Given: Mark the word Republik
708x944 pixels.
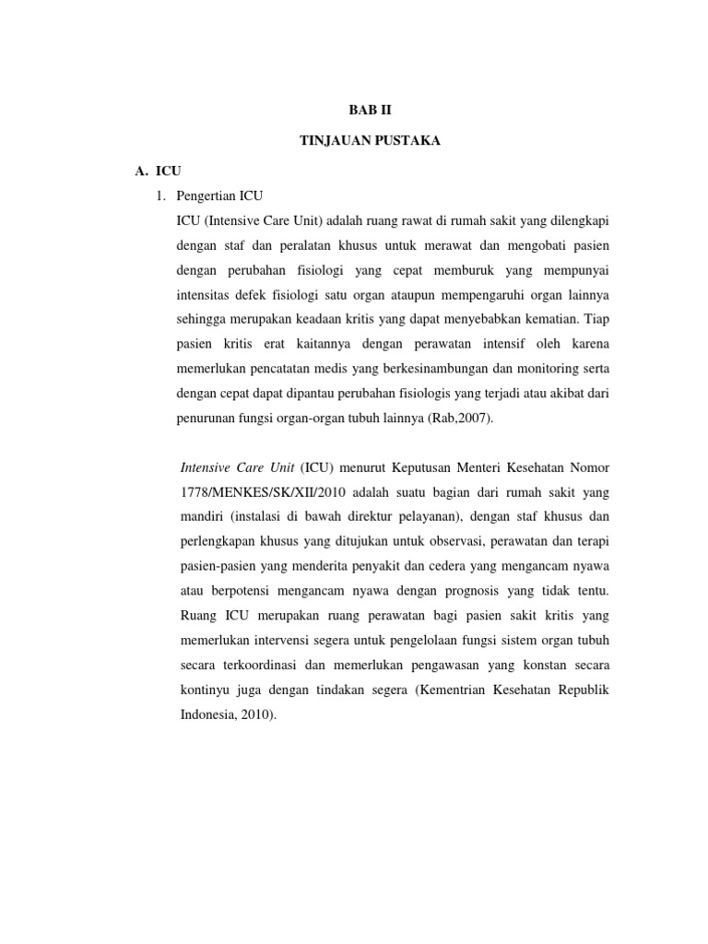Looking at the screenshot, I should pos(582,690).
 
